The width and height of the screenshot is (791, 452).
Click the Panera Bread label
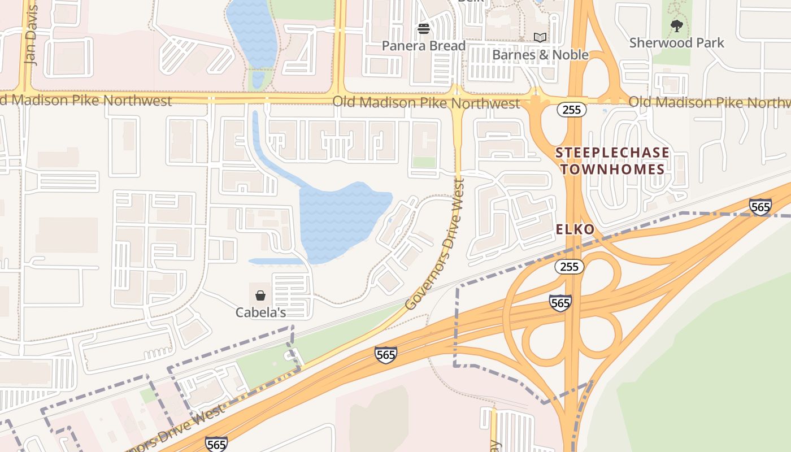[x=424, y=46]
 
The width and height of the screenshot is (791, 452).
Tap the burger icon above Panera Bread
[x=424, y=29]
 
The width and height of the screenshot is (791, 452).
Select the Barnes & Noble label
[x=540, y=55]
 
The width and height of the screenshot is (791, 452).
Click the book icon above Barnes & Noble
[x=540, y=38]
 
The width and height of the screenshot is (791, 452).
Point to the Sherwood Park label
[x=676, y=43]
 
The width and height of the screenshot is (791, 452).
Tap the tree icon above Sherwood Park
[x=676, y=25]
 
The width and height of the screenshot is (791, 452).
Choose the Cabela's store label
[x=260, y=312]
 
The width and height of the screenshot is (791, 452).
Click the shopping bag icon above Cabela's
[x=260, y=295]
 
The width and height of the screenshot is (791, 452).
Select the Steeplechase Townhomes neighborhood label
[x=612, y=161]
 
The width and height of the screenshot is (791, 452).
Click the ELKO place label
[x=575, y=229]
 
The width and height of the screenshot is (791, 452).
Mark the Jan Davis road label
[x=31, y=35]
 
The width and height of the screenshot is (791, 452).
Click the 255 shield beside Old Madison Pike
[x=572, y=110]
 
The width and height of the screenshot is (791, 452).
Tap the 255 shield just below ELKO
[x=568, y=267]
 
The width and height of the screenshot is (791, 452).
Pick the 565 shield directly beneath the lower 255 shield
[x=560, y=303]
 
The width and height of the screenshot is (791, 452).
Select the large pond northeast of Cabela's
[x=339, y=220]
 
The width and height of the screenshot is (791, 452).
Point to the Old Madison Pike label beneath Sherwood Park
[x=709, y=102]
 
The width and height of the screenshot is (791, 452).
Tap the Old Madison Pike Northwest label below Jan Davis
[x=85, y=101]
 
